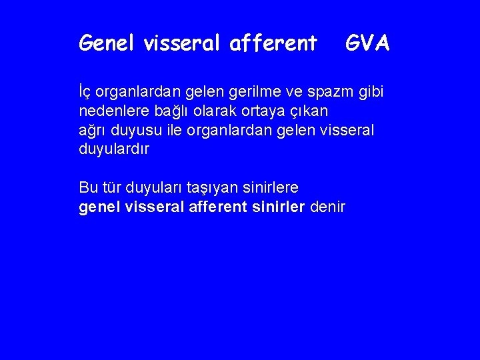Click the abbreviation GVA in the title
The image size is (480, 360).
coord(367,43)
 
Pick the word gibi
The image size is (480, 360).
coord(371,91)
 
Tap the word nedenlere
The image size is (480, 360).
coord(111,110)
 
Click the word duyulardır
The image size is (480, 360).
coord(113,149)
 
